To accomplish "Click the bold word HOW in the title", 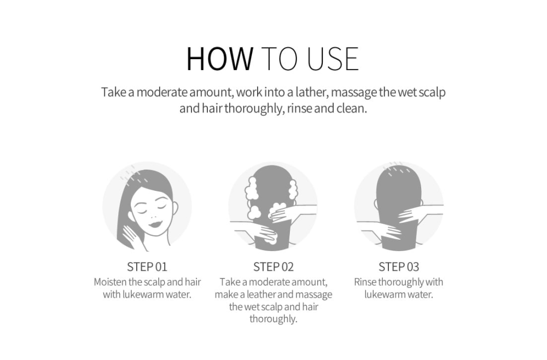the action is point(220,59).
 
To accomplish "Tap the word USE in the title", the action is point(333,59).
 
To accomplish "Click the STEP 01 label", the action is point(147,267).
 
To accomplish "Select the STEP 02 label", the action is point(273,267).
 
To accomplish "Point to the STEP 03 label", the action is point(399,267).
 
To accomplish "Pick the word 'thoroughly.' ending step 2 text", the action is point(273,319).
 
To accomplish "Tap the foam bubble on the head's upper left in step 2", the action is point(251,188).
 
